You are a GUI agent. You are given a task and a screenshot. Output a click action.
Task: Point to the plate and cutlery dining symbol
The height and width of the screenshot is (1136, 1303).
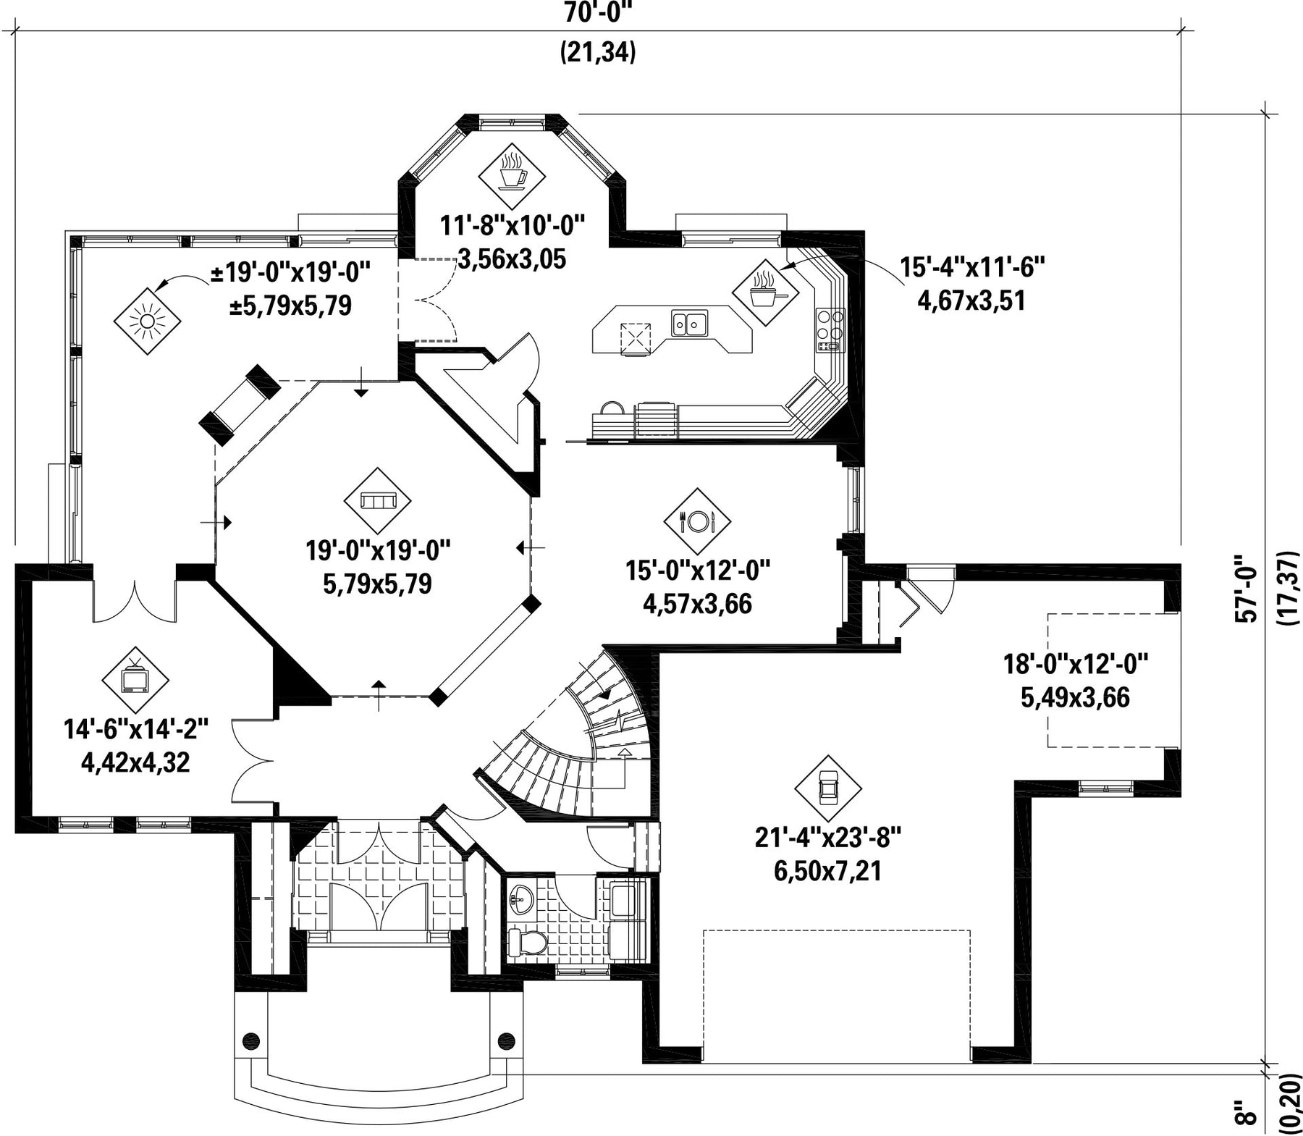(x=698, y=521)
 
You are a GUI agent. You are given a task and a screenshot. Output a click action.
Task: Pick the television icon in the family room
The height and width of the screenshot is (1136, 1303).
(x=135, y=679)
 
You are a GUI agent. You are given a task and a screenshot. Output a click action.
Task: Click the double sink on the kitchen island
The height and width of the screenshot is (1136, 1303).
(x=689, y=322)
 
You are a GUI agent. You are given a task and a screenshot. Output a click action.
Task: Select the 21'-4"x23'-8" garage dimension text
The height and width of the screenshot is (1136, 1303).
(x=827, y=838)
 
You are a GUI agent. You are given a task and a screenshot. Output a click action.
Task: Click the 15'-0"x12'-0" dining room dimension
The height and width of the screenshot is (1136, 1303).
(x=698, y=571)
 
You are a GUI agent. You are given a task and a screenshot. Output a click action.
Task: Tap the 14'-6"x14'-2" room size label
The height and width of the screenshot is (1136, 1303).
(x=136, y=729)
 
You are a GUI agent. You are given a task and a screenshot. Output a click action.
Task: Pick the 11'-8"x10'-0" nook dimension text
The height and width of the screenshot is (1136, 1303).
(x=513, y=226)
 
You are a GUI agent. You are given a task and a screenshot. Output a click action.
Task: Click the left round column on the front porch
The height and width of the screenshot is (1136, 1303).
(x=251, y=1040)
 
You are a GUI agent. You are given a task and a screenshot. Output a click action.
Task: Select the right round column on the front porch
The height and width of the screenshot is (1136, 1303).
(x=506, y=1040)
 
